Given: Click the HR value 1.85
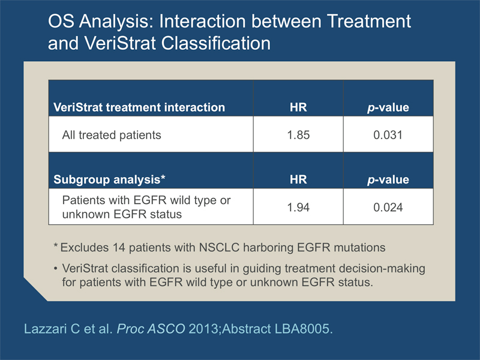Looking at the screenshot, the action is pos(298,135).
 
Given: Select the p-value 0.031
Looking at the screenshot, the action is pos(388,135).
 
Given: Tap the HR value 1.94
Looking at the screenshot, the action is pos(298,207).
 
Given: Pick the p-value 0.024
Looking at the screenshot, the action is pos(388,207).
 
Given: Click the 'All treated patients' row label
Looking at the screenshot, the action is pos(112,135).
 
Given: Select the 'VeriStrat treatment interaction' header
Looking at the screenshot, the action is pos(139,107).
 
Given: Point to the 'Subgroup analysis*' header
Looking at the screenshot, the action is pos(109,179).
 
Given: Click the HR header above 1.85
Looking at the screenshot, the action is pos(298,107).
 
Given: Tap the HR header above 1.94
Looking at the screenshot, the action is pos(298,179).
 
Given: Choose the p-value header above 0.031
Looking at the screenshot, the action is pos(388,107).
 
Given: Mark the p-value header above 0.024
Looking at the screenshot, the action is pos(388,179).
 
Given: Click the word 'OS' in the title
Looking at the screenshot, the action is pos(61,22).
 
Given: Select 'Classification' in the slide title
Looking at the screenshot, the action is pos(216,43).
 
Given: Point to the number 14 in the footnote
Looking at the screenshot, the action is pos(119,247).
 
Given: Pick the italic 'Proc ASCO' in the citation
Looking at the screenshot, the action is pos(151,329).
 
